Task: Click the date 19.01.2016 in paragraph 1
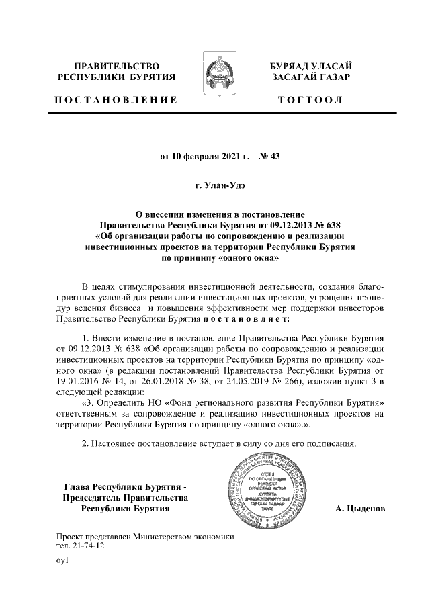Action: click(x=81, y=380)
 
